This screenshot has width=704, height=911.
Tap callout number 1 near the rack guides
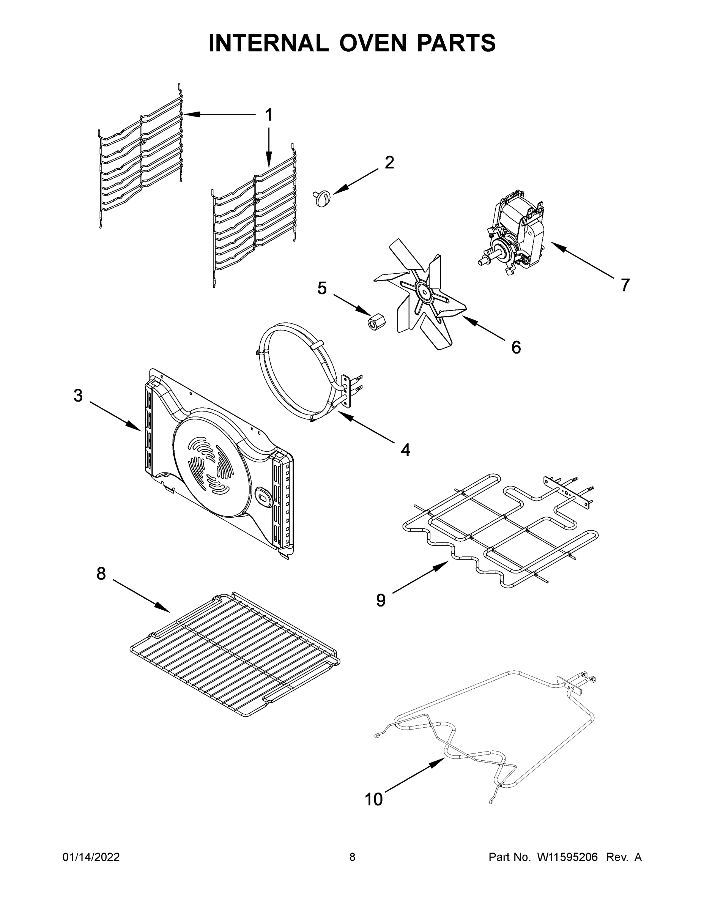click(269, 115)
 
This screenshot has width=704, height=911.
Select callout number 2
click(389, 163)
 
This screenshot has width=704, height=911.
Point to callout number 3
click(78, 396)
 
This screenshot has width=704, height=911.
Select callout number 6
click(516, 347)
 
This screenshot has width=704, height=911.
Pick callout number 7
click(624, 285)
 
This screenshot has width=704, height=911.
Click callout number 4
click(405, 450)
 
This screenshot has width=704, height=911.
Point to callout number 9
click(380, 600)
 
